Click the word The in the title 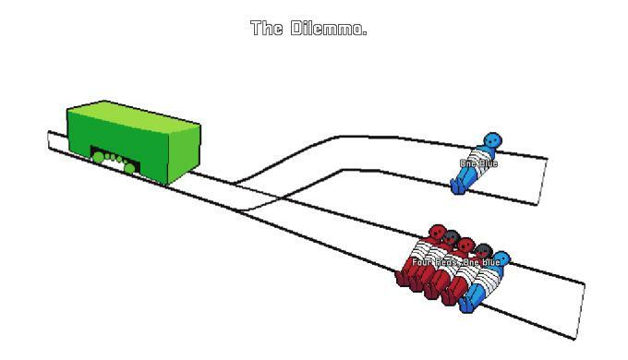click(x=266, y=28)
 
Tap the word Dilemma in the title click(x=328, y=28)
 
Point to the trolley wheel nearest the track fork click(x=130, y=168)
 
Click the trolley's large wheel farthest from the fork click(x=98, y=157)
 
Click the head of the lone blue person click(x=492, y=141)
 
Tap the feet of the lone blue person click(x=456, y=189)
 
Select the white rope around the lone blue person click(x=477, y=158)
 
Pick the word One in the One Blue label click(x=468, y=164)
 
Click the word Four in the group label click(x=422, y=263)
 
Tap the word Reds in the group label click(x=446, y=263)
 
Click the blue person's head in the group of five click(x=501, y=258)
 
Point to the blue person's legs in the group click(x=470, y=300)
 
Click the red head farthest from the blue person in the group click(x=436, y=234)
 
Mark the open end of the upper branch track click(x=542, y=181)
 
